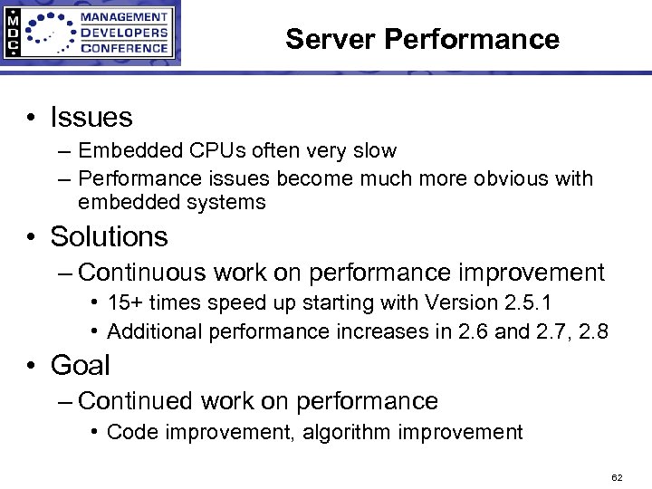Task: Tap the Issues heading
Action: tap(91, 117)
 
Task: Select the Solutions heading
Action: tap(110, 236)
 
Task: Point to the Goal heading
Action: tap(81, 365)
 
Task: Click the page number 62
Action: tap(617, 476)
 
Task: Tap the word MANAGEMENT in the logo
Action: tap(124, 17)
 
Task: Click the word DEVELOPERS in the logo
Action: tap(124, 33)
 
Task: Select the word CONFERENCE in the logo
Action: tap(124, 48)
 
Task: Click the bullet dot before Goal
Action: tap(31, 366)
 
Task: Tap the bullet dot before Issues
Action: tap(31, 118)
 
